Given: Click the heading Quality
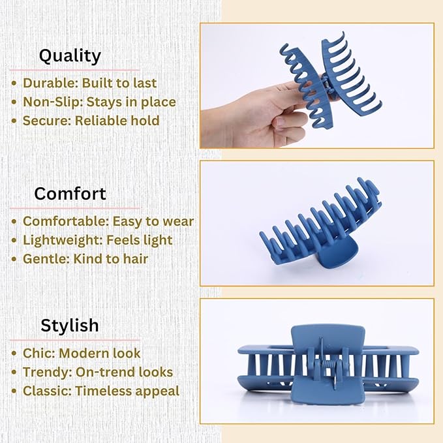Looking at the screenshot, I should point(70,55).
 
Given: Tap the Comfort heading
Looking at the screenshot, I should point(70,194).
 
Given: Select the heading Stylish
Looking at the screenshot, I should point(70,325).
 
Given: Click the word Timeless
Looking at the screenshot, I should point(105,391).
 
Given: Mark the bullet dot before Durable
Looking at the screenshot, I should point(14,84).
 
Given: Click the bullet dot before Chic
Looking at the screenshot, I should point(14,354).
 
